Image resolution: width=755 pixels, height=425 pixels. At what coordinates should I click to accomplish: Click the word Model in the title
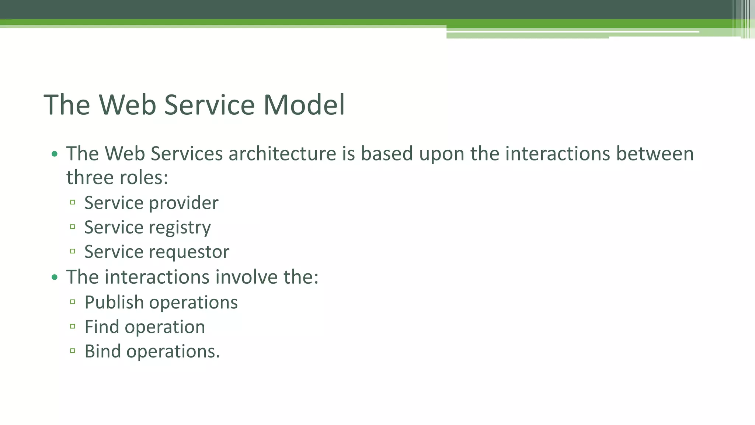point(304,105)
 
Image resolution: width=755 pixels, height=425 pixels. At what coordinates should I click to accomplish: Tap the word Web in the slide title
point(127,105)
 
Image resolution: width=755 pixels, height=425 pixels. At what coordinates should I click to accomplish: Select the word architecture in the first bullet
point(282,154)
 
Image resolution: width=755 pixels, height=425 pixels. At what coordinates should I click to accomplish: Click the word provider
point(184,203)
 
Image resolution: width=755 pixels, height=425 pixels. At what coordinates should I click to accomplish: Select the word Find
point(101,327)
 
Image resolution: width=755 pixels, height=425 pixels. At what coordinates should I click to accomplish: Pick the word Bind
point(102,351)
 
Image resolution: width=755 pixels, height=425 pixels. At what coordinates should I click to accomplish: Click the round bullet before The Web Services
point(55,154)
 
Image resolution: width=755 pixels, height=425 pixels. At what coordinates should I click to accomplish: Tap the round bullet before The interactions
point(55,277)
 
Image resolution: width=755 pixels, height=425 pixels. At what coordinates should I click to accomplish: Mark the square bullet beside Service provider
point(73,202)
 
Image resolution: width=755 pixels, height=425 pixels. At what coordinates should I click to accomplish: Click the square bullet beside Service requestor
point(73,251)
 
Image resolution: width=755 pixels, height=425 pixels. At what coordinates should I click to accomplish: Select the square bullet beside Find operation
point(73,326)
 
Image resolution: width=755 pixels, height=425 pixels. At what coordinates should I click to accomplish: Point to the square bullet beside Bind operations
point(73,350)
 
